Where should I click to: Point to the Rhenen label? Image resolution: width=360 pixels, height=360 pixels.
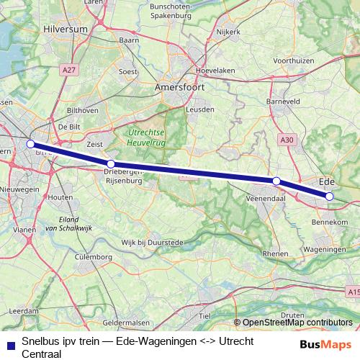(x=275, y=254)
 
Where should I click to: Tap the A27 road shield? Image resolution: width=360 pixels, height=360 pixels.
(x=69, y=69)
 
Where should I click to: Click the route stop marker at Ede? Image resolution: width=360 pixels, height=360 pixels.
(x=329, y=196)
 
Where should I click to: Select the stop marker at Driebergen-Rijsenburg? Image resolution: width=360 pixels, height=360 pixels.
(x=110, y=164)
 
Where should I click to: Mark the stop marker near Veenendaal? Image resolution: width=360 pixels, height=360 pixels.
(x=276, y=181)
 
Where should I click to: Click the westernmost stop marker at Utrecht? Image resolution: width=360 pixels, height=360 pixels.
(x=30, y=144)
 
